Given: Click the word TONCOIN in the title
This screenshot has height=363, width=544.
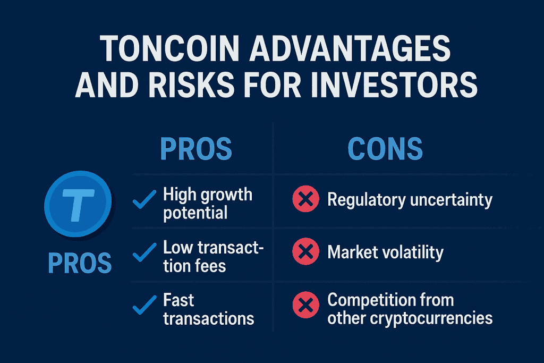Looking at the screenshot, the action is point(169,48).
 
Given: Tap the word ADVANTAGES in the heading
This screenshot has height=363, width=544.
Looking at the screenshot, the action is point(350,48).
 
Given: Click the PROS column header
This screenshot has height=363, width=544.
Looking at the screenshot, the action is point(196,148).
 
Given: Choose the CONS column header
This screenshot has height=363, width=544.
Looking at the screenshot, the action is point(385,148).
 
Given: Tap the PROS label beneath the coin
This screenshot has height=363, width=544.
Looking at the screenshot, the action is point(80,263).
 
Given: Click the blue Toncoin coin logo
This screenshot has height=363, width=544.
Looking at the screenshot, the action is point(78,204).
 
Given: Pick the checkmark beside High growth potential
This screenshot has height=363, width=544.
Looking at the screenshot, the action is point(144,199).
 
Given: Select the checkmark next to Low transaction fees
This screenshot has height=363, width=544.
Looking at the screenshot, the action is point(144,252).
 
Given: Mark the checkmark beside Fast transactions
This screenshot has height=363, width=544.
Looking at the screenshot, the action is point(144,305).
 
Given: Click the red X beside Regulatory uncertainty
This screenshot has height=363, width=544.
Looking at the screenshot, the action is point(305,199).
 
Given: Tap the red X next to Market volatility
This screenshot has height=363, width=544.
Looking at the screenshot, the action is point(305,251).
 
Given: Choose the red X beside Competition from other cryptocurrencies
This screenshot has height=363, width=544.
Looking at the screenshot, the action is point(305,305).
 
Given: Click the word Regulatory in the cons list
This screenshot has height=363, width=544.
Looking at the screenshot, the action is point(367,200).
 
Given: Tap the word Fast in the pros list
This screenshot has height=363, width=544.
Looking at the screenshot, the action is point(178,300).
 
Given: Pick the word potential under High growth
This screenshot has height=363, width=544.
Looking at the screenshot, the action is point(195,213).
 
